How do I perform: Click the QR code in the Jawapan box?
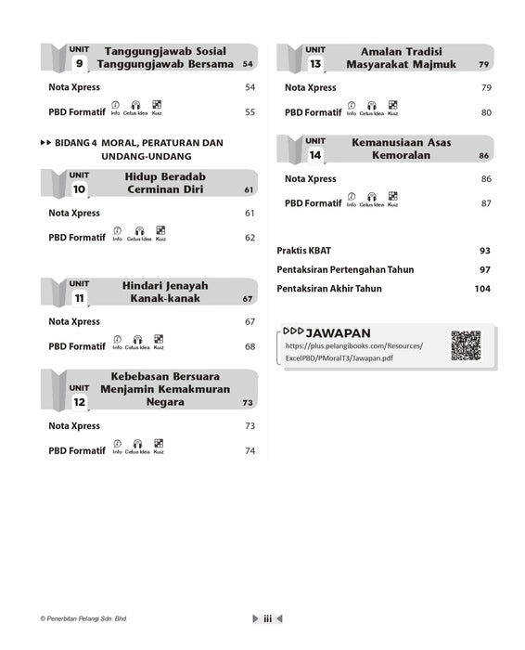coord(466,345)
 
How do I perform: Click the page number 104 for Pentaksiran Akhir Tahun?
coord(481,289)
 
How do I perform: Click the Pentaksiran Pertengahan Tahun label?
coord(345,269)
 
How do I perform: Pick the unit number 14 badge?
coord(315,155)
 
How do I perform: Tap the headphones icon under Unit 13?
coord(371,107)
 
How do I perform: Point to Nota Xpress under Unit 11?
coord(74,322)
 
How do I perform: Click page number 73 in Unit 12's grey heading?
coord(248,403)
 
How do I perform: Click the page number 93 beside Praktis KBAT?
coord(484,251)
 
